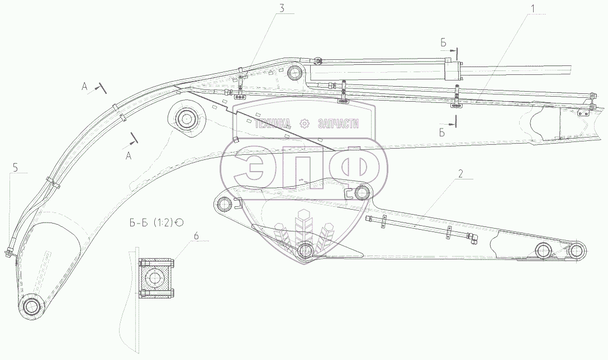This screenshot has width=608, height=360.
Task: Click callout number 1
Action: pos(534,7)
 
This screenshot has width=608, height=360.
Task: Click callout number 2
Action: pos(460,174)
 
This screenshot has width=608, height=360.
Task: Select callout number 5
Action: pos(15,168)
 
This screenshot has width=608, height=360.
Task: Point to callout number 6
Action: pos(196,235)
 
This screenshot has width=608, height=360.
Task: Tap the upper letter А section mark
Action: pos(84,87)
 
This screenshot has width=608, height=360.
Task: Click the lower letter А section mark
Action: pos(129,156)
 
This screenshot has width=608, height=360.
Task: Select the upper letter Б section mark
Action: pos(444,42)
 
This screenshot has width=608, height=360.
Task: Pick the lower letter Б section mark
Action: pos(442,133)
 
